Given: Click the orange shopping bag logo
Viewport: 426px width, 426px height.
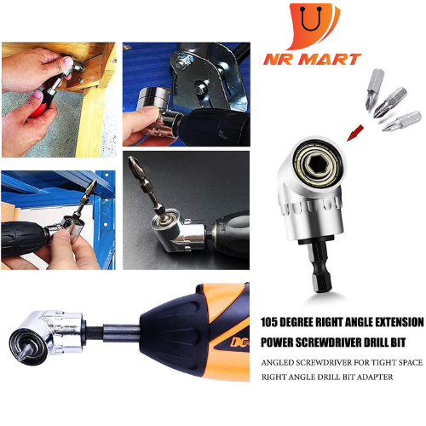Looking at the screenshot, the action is tap(314, 26).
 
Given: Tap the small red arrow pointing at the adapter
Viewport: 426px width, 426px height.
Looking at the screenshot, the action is tap(355, 133).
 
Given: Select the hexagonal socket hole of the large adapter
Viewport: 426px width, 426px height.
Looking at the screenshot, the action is tap(316, 164).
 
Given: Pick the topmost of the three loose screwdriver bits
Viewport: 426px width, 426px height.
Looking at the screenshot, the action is tap(374, 89).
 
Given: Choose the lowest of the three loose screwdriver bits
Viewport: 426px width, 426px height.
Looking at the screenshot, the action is tap(401, 121).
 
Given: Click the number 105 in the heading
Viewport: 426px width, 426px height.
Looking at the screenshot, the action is tap(268, 322).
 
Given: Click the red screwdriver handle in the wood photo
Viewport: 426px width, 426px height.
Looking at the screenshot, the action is tap(38, 111).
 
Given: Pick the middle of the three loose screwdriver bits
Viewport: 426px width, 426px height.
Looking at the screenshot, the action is tap(390, 102).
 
